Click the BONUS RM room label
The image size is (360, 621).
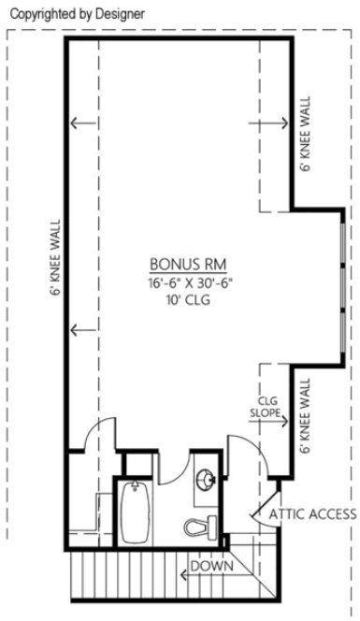coord(188,264)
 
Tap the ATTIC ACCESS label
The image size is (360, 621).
coord(312,513)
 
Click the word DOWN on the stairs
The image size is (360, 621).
coord(211,566)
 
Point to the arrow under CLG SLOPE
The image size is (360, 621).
coord(271,422)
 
